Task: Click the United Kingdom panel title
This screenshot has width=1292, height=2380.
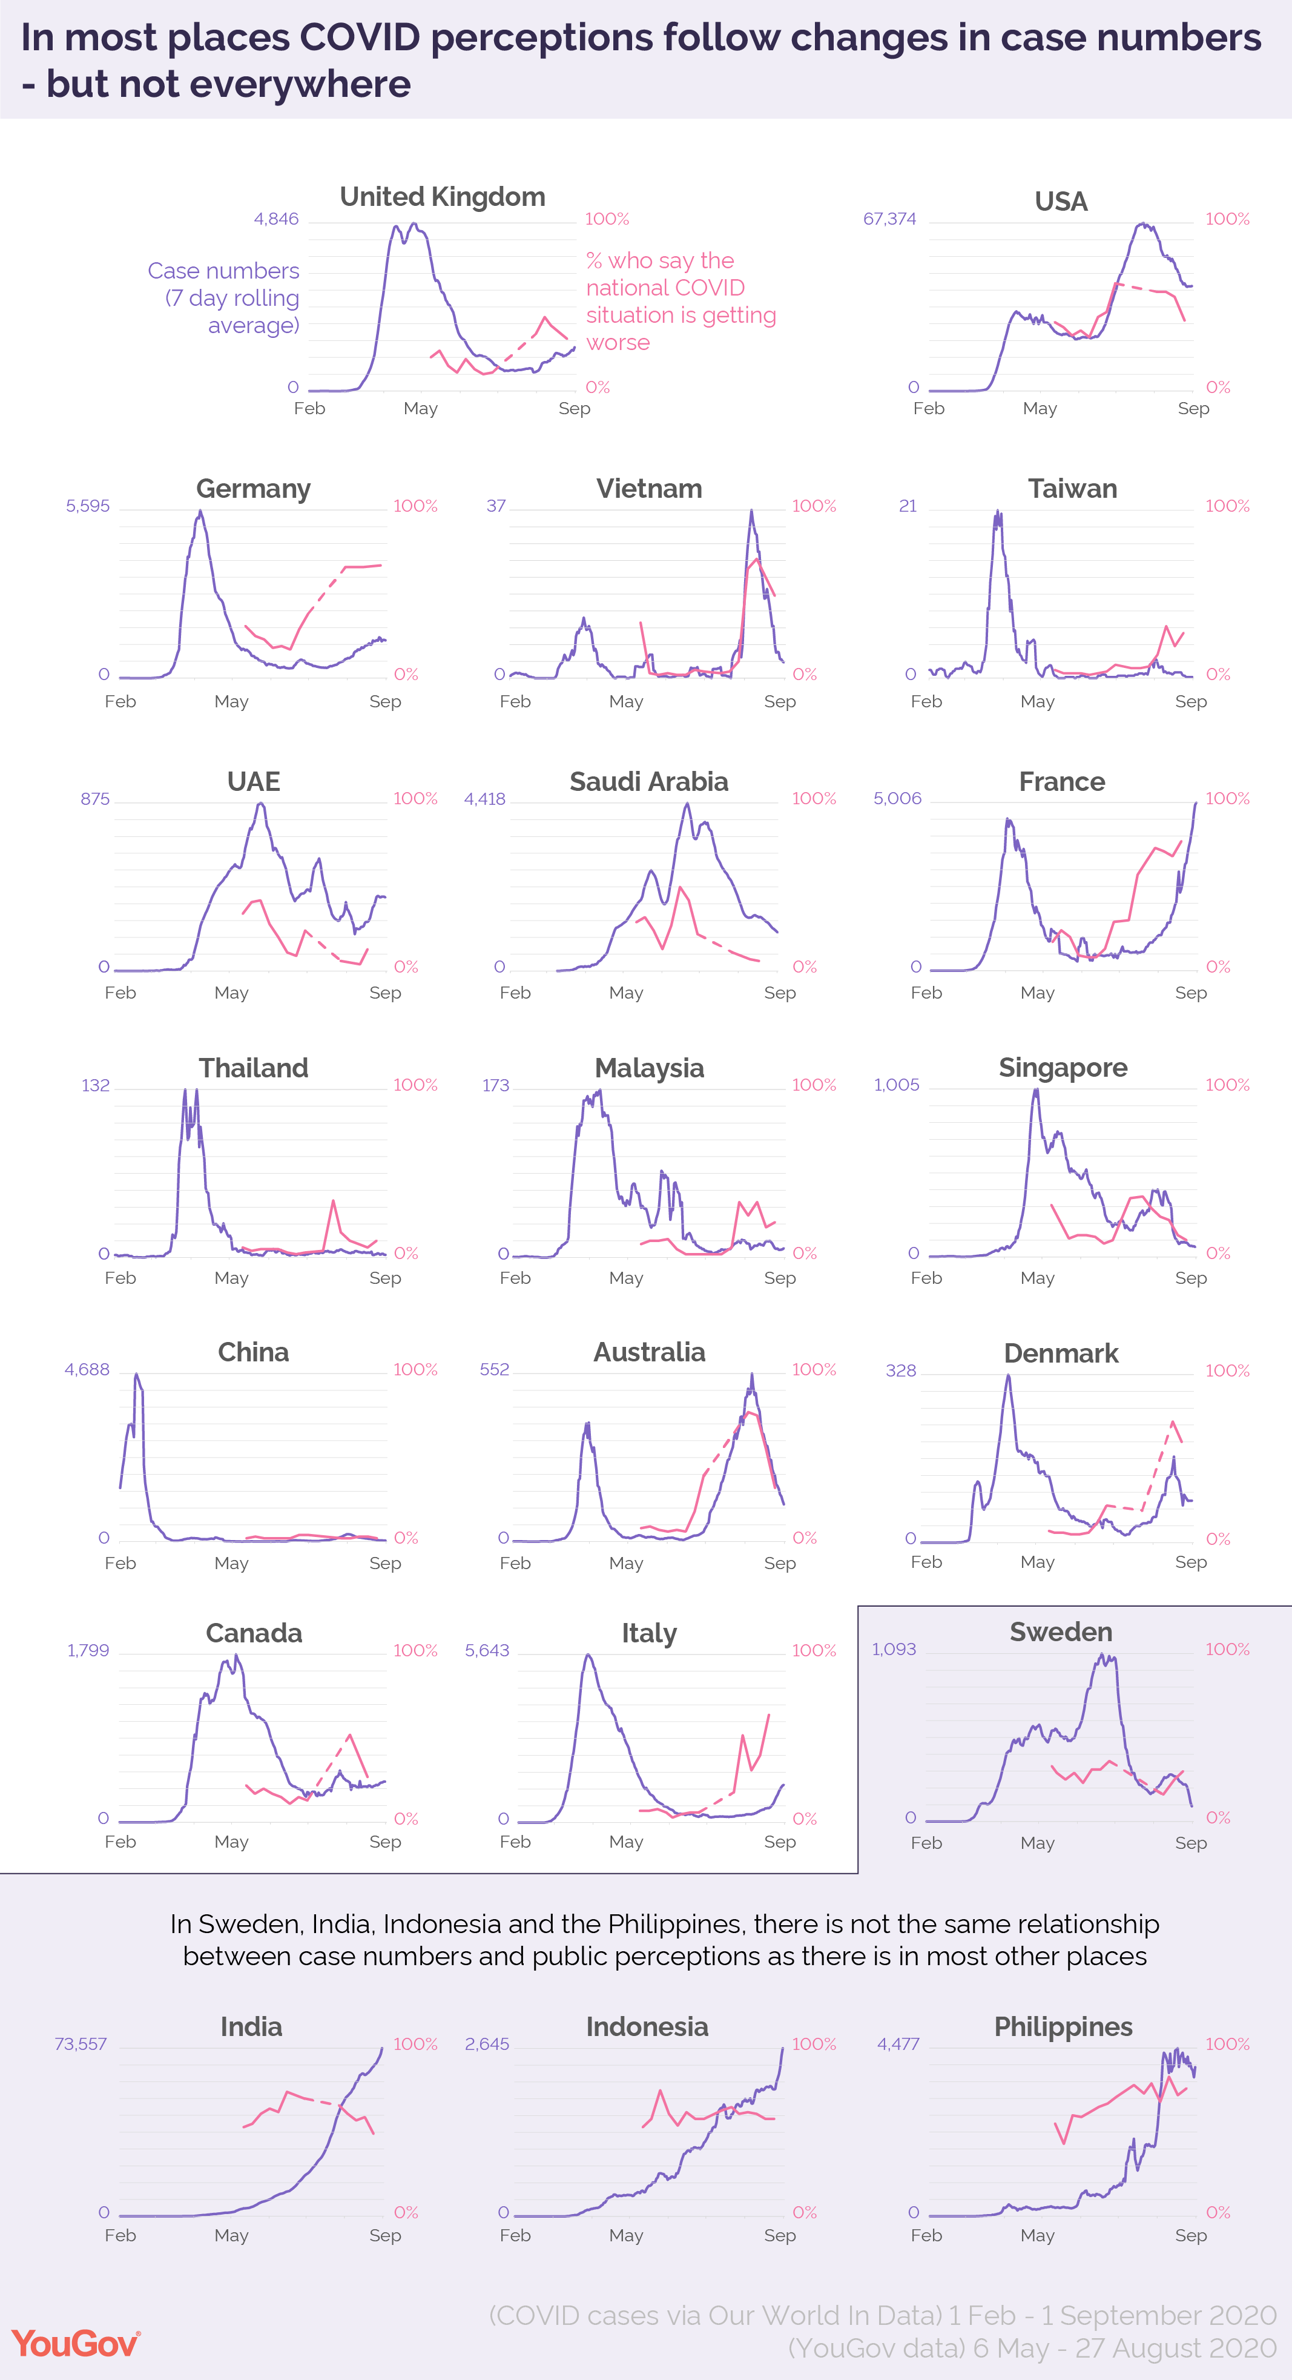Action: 443,197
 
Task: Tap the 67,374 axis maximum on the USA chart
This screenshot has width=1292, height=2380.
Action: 889,219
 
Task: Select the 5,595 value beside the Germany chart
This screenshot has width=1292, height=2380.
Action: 88,506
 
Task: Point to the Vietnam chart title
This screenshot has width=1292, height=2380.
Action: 648,489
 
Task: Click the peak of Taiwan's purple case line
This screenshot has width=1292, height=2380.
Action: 997,512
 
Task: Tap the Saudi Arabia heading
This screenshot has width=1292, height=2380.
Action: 648,782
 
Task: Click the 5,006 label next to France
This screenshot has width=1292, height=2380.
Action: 898,798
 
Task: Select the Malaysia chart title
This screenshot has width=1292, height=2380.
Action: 648,1068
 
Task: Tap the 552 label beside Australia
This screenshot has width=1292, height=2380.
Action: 494,1369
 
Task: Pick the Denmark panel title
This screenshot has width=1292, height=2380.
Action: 1061,1354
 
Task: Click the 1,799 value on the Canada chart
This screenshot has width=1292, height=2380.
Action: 88,1650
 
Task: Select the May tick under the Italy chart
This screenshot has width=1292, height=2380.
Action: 626,1842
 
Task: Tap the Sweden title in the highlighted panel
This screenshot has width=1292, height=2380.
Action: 1061,1631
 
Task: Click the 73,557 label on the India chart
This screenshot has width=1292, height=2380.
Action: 81,2044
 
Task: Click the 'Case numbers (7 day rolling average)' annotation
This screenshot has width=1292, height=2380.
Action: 225,297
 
